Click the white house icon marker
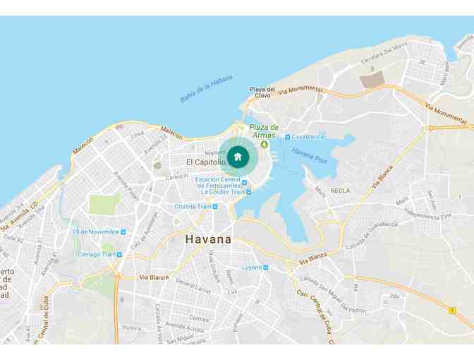pyautogui.click(x=238, y=157)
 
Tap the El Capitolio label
pyautogui.click(x=206, y=162)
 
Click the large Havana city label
pyautogui.click(x=208, y=239)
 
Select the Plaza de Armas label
pyautogui.click(x=264, y=131)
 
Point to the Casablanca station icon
pyautogui.click(x=288, y=136)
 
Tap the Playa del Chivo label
pyautogui.click(x=262, y=92)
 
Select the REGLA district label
pyautogui.click(x=340, y=191)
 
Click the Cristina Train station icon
pyautogui.click(x=215, y=207)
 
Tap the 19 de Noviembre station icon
pyautogui.click(x=123, y=232)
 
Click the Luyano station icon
pyautogui.click(x=266, y=268)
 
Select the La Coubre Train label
pyautogui.click(x=222, y=191)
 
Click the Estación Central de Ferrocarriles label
pyautogui.click(x=219, y=182)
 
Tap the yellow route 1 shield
pyautogui.click(x=452, y=310)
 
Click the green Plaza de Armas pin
pyautogui.click(x=264, y=143)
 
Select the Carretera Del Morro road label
pyautogui.click(x=384, y=56)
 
